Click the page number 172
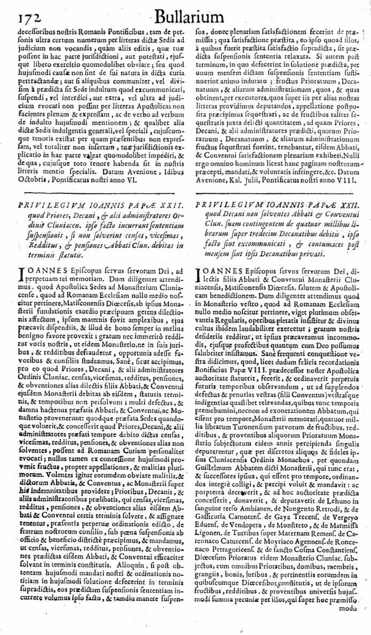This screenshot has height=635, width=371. pos(17,18)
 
